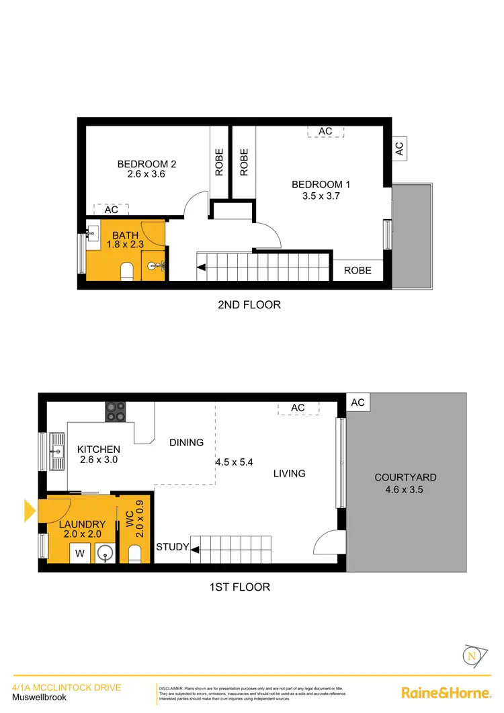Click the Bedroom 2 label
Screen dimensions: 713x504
pyautogui.click(x=146, y=164)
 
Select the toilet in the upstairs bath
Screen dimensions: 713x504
pyautogui.click(x=125, y=271)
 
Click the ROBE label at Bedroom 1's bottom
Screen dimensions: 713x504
pyautogui.click(x=358, y=271)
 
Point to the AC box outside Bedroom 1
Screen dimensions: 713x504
pyautogui.click(x=399, y=149)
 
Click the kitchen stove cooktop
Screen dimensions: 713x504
pyautogui.click(x=114, y=411)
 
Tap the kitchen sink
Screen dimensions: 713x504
pyautogui.click(x=56, y=451)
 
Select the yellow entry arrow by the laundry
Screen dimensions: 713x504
pyautogui.click(x=30, y=511)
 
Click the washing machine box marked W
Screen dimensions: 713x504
pyautogui.click(x=80, y=554)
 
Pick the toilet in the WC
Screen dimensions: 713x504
pyautogui.click(x=134, y=554)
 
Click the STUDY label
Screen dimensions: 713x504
pyautogui.click(x=172, y=547)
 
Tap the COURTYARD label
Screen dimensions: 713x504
pyautogui.click(x=406, y=477)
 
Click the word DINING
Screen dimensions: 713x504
pyautogui.click(x=186, y=442)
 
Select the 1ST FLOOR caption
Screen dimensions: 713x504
pyautogui.click(x=240, y=587)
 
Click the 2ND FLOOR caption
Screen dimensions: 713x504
pyautogui.click(x=249, y=304)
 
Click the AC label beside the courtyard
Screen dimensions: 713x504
pyautogui.click(x=358, y=403)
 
